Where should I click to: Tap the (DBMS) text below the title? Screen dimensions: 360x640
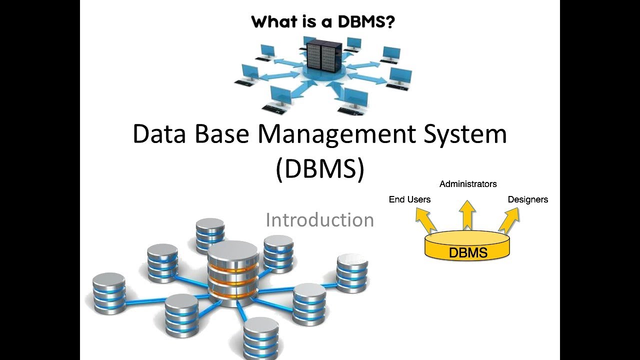320,169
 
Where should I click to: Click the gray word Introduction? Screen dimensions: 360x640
319,220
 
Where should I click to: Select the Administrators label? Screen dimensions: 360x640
468,184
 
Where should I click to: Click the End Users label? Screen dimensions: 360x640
409,199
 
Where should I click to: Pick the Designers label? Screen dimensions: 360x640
527,199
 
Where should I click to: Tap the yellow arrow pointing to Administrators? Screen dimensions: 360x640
467,215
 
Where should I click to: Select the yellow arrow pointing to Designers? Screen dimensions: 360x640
509,220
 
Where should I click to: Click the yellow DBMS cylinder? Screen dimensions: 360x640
467,247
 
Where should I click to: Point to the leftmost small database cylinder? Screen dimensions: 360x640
109,293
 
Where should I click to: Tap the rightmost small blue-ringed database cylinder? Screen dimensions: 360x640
352,272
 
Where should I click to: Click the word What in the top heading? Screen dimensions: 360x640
273,22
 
